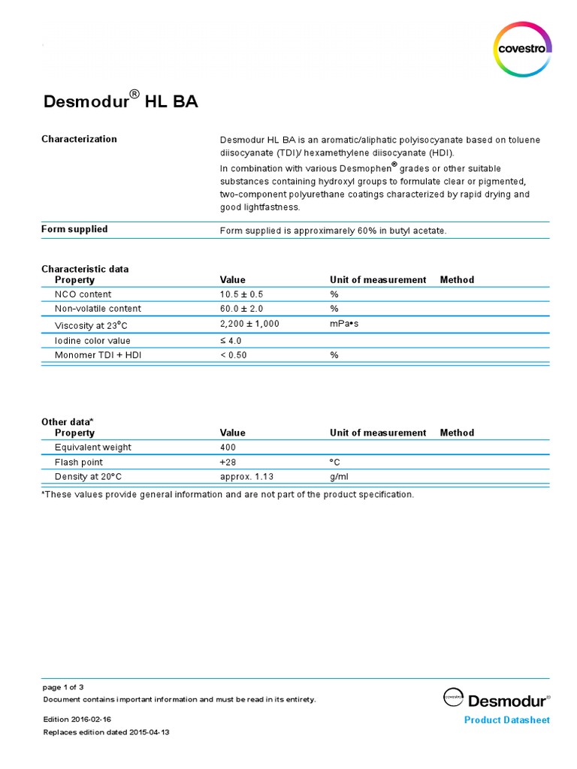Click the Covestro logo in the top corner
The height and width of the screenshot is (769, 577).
523,49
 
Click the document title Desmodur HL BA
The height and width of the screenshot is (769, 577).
119,101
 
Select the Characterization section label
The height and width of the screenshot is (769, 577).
79,139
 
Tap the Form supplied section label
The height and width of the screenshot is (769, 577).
74,229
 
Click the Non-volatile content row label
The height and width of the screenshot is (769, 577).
98,309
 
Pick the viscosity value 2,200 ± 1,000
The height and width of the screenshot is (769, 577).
249,324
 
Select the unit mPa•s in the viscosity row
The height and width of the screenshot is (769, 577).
346,324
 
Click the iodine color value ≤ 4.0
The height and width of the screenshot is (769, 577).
231,340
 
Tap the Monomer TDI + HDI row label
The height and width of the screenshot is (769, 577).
98,354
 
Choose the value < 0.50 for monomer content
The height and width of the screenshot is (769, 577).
233,354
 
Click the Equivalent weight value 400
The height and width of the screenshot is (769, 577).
228,448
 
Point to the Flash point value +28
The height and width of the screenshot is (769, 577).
228,462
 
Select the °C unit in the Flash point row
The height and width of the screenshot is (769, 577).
335,462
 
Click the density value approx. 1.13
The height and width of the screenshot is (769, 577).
245,477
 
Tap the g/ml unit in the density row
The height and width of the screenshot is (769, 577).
339,477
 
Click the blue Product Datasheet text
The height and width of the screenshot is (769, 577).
506,720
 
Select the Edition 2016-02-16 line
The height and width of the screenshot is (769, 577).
77,719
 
